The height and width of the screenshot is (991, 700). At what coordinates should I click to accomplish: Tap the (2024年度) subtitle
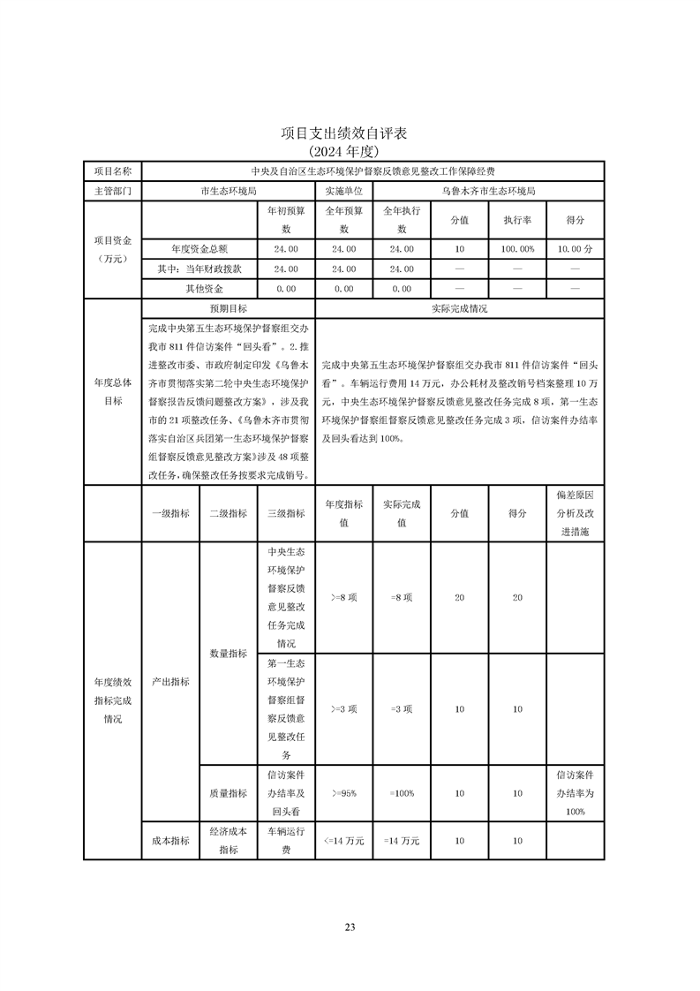(350, 151)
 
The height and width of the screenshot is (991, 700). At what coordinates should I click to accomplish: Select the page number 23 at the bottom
(350, 927)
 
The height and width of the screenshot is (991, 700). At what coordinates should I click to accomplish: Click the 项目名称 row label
(112, 170)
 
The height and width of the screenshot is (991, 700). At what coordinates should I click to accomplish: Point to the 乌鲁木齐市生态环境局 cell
(488, 190)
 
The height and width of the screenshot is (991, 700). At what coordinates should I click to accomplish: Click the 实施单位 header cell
(343, 190)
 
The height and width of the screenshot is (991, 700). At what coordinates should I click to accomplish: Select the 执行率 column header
(517, 220)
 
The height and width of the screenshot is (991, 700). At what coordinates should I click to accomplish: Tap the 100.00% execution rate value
(517, 249)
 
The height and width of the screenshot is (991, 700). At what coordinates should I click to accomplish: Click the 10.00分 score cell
(575, 249)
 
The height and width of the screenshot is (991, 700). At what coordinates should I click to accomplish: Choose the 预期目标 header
(228, 309)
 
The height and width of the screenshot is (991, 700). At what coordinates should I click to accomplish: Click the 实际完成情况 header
(459, 309)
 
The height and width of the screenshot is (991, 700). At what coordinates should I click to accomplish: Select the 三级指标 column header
(286, 513)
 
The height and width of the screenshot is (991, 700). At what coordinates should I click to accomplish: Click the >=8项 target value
(343, 598)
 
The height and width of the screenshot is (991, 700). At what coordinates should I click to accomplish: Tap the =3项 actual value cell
(402, 708)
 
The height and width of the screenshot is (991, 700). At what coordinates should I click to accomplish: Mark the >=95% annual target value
(343, 793)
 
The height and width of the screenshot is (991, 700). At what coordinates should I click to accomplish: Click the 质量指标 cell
(228, 793)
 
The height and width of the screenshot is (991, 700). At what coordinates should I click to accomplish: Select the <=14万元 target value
(343, 841)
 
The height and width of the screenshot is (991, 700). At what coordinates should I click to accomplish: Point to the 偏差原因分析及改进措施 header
(575, 513)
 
